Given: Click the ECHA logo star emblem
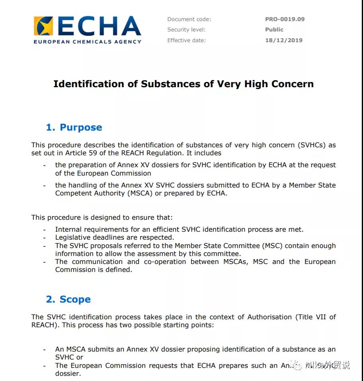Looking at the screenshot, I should click(43, 26).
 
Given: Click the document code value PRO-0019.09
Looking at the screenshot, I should click(285, 19).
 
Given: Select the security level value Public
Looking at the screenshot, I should click(274, 29).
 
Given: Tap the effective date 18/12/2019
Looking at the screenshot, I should click(283, 40).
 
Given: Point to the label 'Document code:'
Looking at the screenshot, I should click(189, 19).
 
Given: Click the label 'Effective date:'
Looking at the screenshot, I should click(186, 40).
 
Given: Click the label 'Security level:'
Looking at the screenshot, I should click(186, 29).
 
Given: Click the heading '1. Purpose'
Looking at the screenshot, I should click(74, 127).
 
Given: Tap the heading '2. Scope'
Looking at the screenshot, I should click(68, 299).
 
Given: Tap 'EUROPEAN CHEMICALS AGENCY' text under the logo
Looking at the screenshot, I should click(87, 41).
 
